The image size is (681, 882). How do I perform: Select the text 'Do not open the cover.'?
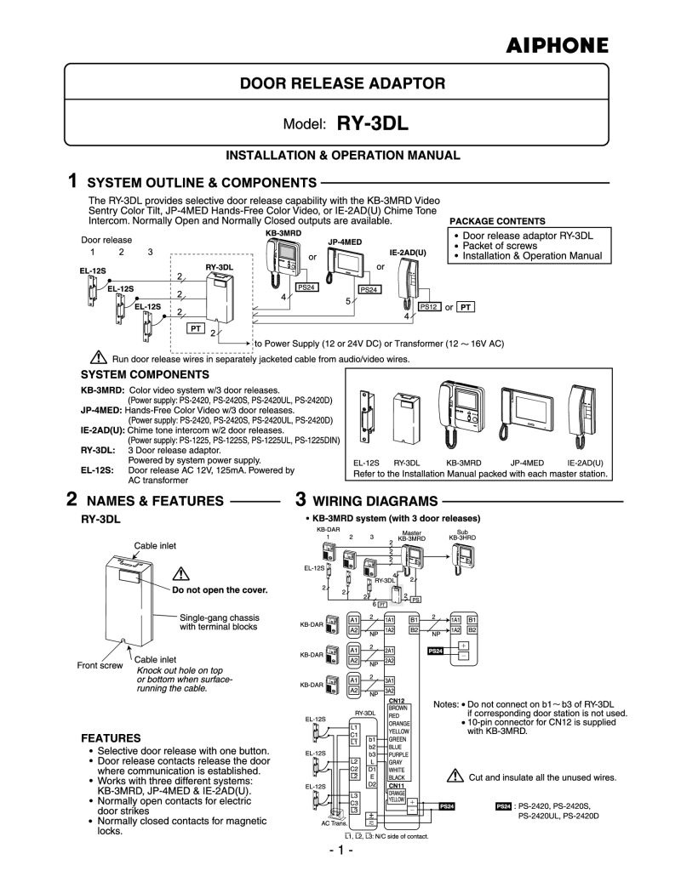220,589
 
